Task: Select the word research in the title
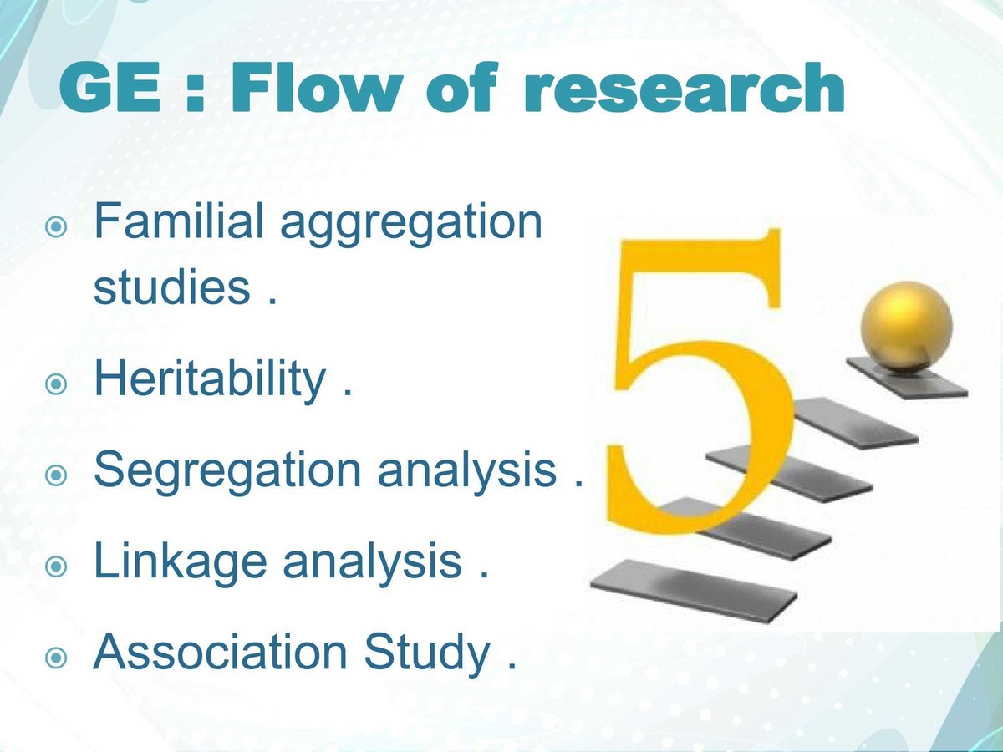tap(682, 90)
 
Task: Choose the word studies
tap(171, 288)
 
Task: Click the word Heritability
tap(209, 381)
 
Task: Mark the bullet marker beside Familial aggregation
tap(55, 227)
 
